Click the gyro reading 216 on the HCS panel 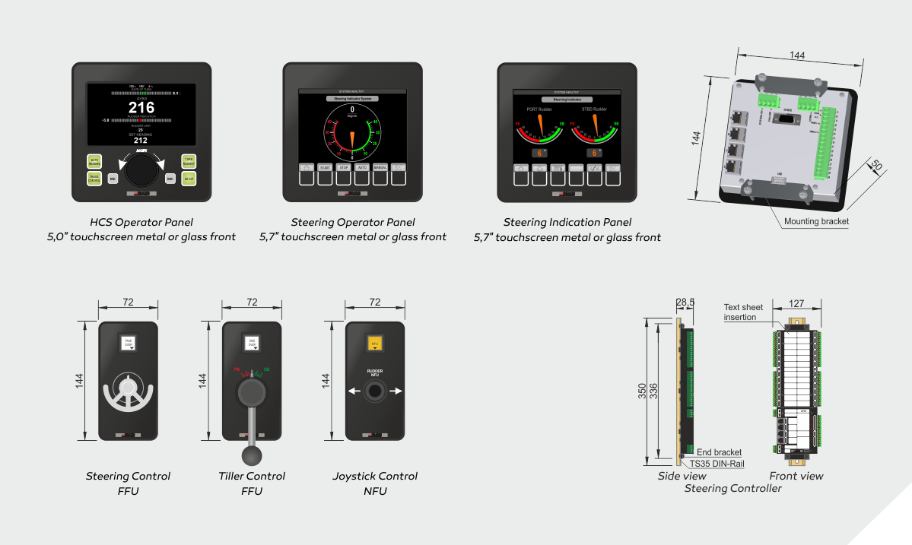click(x=141, y=107)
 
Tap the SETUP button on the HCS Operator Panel click(x=189, y=178)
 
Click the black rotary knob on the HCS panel click(x=141, y=171)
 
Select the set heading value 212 click(x=141, y=141)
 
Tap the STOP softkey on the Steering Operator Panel click(x=343, y=167)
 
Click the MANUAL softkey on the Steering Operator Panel click(x=380, y=167)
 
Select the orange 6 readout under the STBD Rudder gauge click(x=595, y=153)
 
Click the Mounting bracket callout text click(x=816, y=221)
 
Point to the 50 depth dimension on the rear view click(x=875, y=166)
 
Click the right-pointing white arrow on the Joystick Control click(x=396, y=391)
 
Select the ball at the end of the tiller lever click(x=251, y=455)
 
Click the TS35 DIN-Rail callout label click(x=717, y=463)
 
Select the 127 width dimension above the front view click(x=796, y=303)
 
